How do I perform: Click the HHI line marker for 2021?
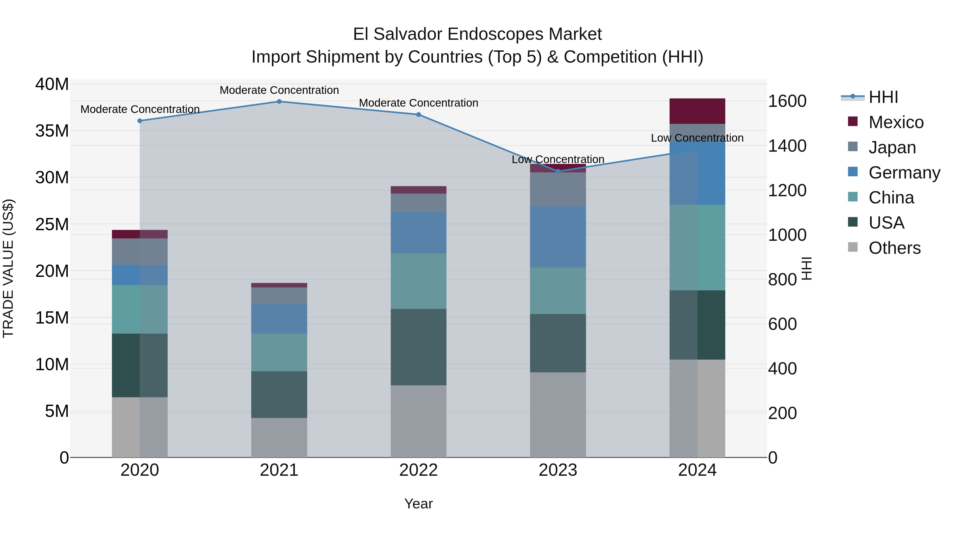pyautogui.click(x=279, y=102)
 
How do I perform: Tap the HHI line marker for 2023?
pyautogui.click(x=558, y=171)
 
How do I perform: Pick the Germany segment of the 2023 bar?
pyautogui.click(x=558, y=237)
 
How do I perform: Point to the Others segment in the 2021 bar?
pyautogui.click(x=279, y=437)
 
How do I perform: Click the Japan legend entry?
pyautogui.click(x=892, y=147)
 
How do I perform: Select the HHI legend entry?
pyautogui.click(x=883, y=97)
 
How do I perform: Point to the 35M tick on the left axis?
pyautogui.click(x=52, y=131)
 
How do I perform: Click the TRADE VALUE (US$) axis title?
pyautogui.click(x=8, y=268)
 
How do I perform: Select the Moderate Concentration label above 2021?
pyautogui.click(x=279, y=90)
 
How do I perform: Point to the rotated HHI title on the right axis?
pyautogui.click(x=807, y=268)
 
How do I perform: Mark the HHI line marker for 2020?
pyautogui.click(x=140, y=121)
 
